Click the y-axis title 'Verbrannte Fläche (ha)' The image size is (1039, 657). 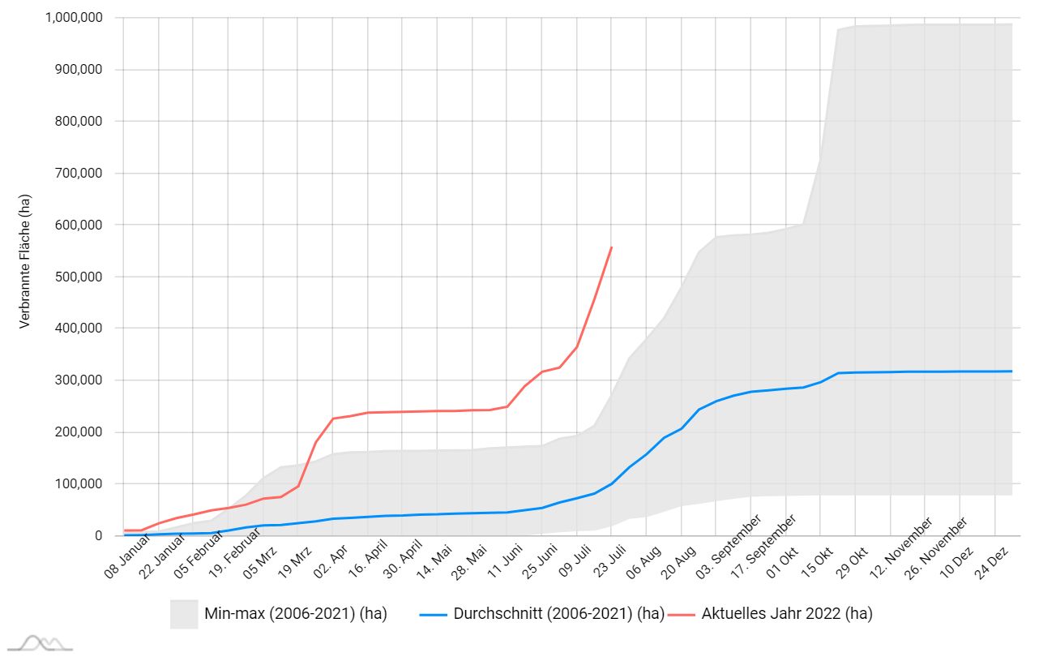click(x=24, y=261)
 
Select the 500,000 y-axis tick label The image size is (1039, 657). click(x=79, y=277)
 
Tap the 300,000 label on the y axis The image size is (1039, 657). click(x=79, y=380)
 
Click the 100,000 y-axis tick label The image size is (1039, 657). click(x=79, y=484)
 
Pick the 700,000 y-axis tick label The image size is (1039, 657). click(x=79, y=174)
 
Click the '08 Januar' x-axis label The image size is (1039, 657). click(x=128, y=559)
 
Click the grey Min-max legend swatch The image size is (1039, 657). click(x=184, y=614)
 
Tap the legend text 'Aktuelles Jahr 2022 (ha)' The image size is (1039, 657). click(x=787, y=614)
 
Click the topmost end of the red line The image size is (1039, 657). click(x=611, y=247)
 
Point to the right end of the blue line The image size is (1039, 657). click(x=1011, y=371)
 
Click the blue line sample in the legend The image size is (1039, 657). click(x=434, y=614)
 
